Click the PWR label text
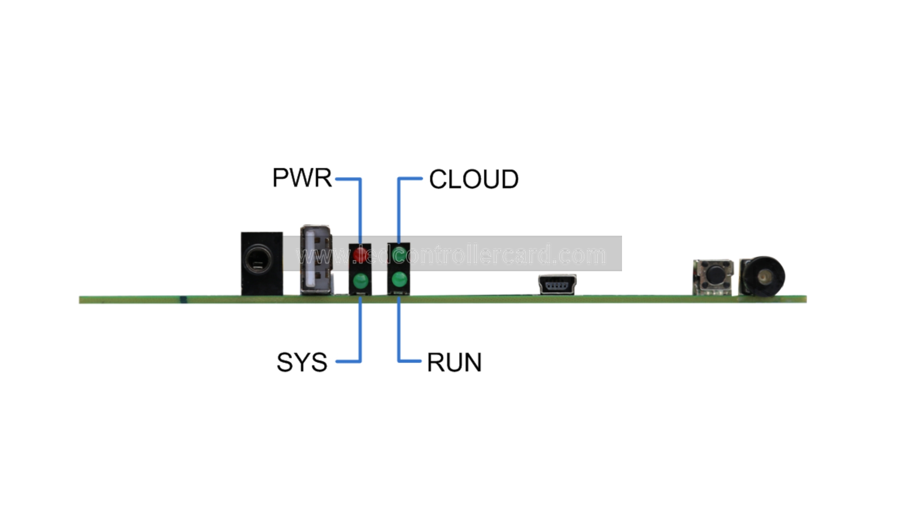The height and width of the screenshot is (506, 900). pos(302,178)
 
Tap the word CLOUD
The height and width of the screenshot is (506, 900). pos(473,179)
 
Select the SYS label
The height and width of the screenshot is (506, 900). pos(302,362)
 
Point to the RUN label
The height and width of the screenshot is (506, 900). pos(454,362)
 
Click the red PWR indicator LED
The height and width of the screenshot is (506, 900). pos(360,255)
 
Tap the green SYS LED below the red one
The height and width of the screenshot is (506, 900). pos(360,282)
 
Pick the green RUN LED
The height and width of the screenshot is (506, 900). pos(399,280)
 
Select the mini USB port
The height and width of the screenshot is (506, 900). pos(557,284)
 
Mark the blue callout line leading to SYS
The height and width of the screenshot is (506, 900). pos(360,333)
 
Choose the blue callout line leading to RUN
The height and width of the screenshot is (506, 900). pos(398,333)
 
